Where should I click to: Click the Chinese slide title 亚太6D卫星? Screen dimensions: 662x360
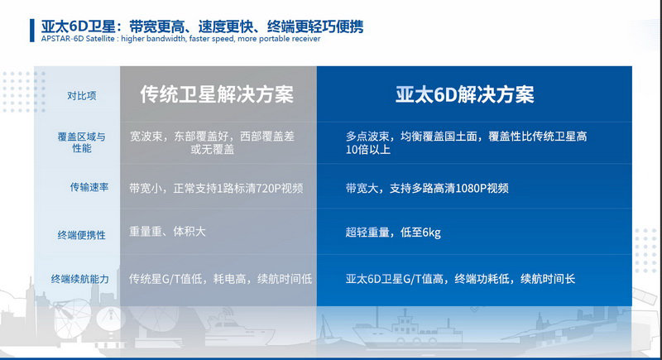click(79, 26)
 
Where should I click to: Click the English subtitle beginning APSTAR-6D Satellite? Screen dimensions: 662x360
click(180, 38)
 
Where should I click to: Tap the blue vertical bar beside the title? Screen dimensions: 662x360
click(32, 31)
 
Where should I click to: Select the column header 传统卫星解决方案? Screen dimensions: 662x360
click(217, 94)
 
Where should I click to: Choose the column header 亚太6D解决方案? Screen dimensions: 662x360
click(465, 94)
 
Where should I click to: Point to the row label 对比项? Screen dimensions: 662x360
click(82, 96)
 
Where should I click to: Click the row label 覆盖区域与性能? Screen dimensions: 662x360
click(81, 142)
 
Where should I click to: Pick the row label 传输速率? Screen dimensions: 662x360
click(89, 187)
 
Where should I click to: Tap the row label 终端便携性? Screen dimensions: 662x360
click(81, 235)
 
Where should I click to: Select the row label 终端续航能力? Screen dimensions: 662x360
click(80, 279)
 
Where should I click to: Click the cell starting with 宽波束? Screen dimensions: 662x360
click(212, 142)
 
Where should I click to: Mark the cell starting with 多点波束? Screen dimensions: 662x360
click(467, 142)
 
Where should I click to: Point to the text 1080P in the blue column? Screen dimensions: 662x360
click(471, 188)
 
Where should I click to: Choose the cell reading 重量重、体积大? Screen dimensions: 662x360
click(167, 231)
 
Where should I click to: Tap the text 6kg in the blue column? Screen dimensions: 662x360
click(431, 232)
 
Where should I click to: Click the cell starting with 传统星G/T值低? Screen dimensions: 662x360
click(220, 279)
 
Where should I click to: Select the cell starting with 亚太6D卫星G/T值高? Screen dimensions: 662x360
click(460, 279)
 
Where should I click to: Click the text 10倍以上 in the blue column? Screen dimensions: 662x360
click(368, 150)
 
